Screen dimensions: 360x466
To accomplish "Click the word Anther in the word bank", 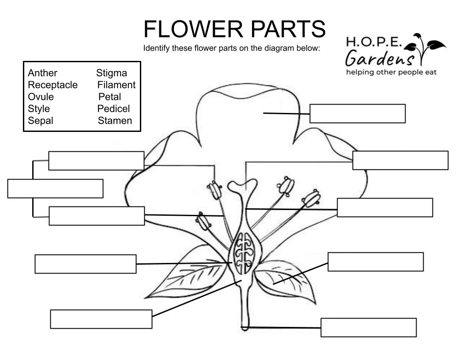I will coord(42,73).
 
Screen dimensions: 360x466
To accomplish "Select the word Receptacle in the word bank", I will coord(53,85).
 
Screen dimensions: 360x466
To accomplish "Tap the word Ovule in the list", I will coord(41,97).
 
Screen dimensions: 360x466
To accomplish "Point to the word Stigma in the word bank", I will coord(111,73).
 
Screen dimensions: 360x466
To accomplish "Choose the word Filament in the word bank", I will coord(116,85).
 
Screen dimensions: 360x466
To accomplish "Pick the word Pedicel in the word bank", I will coord(114,109).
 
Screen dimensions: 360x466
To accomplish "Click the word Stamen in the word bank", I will coord(115,120).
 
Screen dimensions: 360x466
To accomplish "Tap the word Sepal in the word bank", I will coord(40,120).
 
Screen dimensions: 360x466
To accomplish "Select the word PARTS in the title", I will coord(289,30).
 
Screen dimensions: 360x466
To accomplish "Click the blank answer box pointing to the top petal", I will coord(357,113).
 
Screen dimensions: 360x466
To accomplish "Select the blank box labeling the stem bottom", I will coord(368,327).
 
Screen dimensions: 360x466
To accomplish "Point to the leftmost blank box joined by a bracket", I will coord(55,188).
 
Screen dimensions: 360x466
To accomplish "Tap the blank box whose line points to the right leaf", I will coord(376,262).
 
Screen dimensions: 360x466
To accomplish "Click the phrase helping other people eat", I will coord(391,72).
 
